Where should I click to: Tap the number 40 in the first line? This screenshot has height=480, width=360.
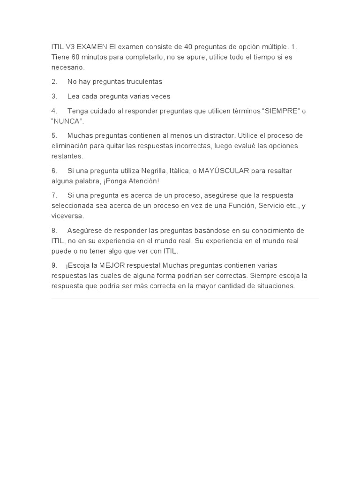tap(190, 47)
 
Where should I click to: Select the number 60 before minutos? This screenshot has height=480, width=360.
tap(75, 57)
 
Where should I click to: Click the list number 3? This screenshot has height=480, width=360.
tap(54, 97)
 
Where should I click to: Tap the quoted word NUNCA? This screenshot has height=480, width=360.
tap(67, 121)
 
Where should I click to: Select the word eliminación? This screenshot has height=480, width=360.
tap(69, 146)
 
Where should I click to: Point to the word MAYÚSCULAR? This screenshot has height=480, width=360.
tap(224, 171)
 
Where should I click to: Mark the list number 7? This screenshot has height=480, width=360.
tap(54, 195)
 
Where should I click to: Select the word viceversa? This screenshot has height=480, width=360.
tap(67, 216)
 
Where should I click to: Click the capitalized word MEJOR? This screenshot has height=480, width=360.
tap(111, 266)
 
